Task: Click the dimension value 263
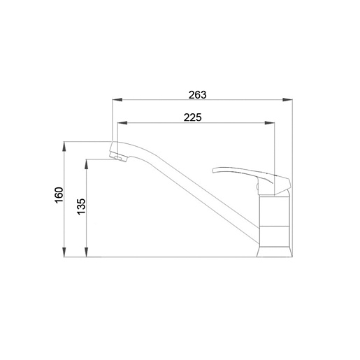pos(197,95)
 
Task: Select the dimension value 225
pos(192,117)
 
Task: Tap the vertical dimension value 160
pos(59,195)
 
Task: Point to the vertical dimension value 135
pos(81,206)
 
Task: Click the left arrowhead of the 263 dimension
pos(117,100)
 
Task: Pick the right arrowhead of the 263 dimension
pos(287,100)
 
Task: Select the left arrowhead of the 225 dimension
pos(122,123)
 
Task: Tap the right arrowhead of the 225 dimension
pos(270,123)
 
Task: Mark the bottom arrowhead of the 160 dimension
pos(64,252)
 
